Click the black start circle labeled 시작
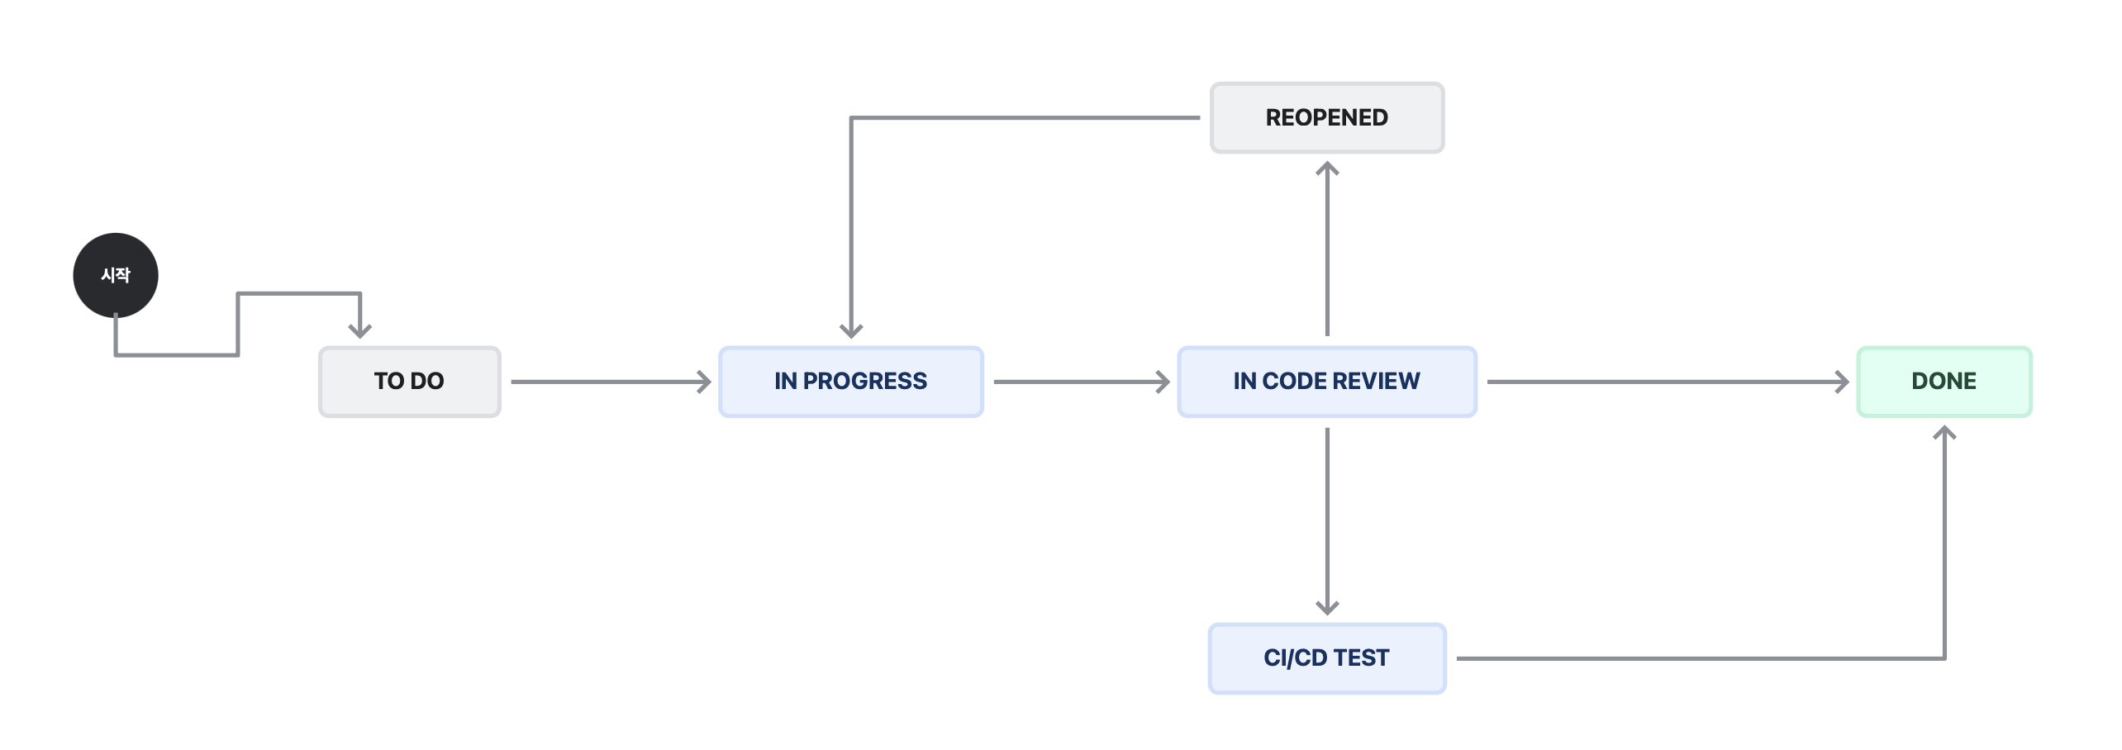(116, 275)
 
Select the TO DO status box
(410, 382)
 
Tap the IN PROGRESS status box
(851, 382)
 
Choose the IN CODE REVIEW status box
(1327, 382)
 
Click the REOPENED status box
(1327, 117)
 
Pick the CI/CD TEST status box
(1327, 658)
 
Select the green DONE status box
(1944, 382)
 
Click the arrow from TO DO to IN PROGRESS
(611, 382)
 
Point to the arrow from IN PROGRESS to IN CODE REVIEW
(1082, 382)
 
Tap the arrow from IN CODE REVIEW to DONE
(1668, 382)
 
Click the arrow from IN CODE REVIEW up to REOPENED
(1327, 249)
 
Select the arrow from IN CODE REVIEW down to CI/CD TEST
(1327, 521)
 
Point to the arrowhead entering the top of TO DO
(360, 331)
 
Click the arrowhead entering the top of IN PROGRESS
(851, 331)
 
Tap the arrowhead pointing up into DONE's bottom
(1944, 433)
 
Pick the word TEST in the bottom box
(1361, 657)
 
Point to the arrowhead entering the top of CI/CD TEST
(1327, 609)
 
